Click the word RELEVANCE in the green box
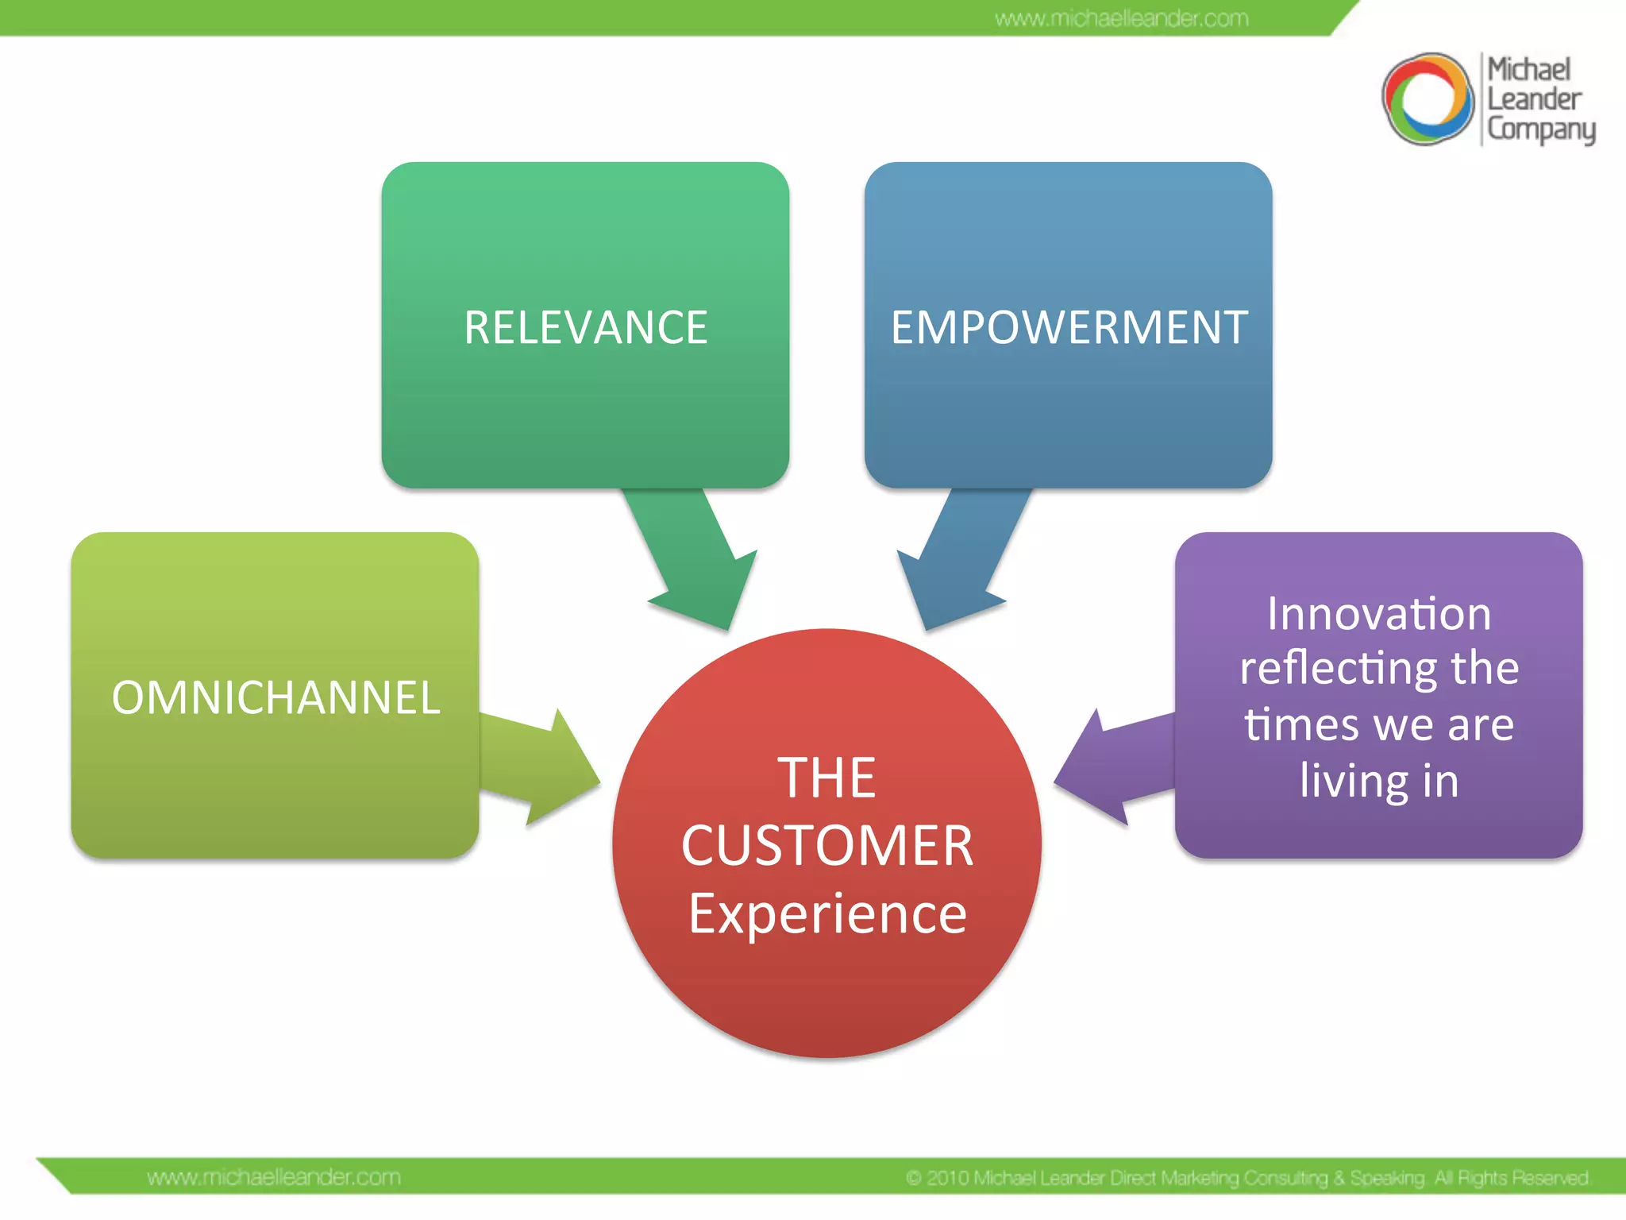[586, 327]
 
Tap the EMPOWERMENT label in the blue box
[1069, 327]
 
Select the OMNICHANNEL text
[275, 697]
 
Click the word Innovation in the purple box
[1379, 614]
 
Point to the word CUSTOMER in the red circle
[827, 845]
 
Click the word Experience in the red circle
[827, 913]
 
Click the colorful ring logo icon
[1428, 99]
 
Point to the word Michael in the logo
[1528, 70]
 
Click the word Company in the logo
[1540, 129]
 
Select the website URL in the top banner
[1121, 18]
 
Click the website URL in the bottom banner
[274, 1177]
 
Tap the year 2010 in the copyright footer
[948, 1178]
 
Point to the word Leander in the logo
[1534, 99]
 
